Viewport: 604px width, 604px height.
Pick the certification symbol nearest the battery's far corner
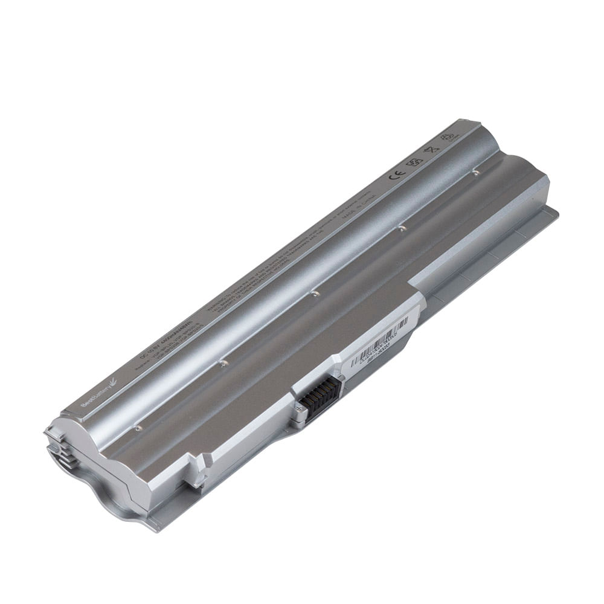tap(448, 137)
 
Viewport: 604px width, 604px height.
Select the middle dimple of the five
tap(314, 294)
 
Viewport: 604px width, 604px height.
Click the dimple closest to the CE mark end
tap(476, 172)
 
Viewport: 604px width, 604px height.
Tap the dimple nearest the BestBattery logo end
tap(138, 428)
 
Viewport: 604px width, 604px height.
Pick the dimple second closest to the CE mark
tap(400, 228)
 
